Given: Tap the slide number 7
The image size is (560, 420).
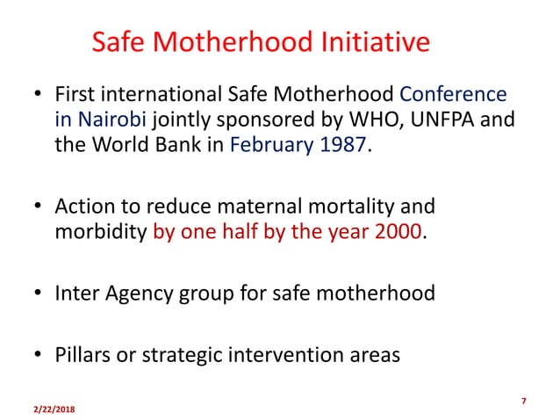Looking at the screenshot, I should [523, 402].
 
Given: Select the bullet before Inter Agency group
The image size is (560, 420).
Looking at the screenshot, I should [38, 293].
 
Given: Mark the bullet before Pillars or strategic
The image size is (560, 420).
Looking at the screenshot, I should [38, 356].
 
